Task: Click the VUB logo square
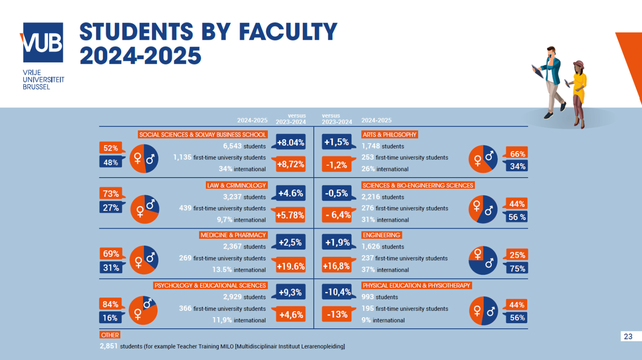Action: point(43,42)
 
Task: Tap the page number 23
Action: point(628,336)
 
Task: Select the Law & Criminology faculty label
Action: point(236,185)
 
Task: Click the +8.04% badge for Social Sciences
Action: point(291,143)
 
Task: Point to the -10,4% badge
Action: point(337,292)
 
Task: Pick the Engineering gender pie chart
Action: point(483,260)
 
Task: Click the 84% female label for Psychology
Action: point(110,304)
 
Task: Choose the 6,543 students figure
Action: point(232,146)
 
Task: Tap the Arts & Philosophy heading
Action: point(389,134)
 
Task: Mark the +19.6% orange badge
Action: point(291,266)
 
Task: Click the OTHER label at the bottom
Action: point(110,335)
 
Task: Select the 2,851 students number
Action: point(109,346)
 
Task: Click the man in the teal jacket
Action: point(552,81)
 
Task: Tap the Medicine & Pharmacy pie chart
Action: point(144,260)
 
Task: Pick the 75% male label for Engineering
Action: point(517,268)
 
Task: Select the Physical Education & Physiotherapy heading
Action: point(416,286)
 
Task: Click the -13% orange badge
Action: point(337,314)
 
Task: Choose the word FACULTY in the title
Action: point(288,32)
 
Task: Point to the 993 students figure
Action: point(367,297)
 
